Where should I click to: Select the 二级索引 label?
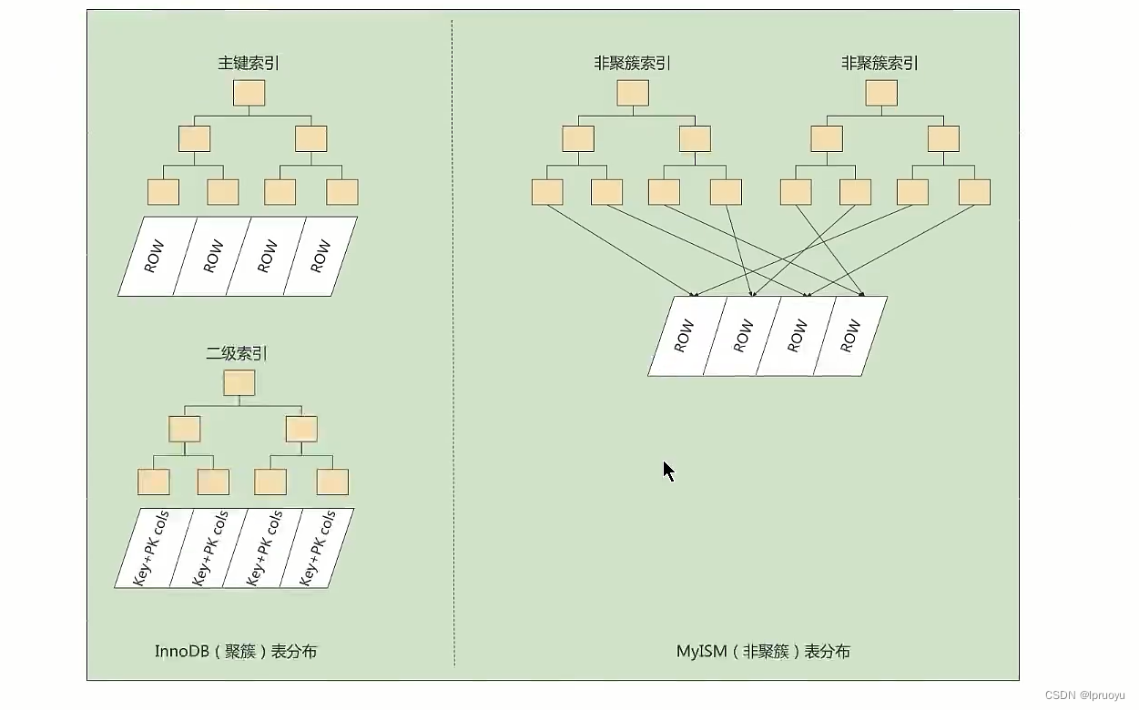[237, 354]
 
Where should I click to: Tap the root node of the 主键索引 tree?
[249, 93]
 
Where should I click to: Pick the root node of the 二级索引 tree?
[239, 383]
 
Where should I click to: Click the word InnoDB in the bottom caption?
[182, 652]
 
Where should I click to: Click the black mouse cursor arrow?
[668, 471]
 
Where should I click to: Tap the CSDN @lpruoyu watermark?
[1084, 695]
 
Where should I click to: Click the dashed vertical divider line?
[453, 364]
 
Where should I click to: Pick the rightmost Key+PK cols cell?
[316, 548]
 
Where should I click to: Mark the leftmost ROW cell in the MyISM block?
[685, 336]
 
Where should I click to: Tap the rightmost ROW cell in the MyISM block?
[850, 336]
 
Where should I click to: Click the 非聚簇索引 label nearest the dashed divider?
[632, 64]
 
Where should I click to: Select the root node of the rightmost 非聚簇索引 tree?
[881, 93]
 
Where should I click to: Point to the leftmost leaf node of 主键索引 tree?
[163, 192]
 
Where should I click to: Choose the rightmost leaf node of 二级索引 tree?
[332, 482]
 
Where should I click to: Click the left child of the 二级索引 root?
[184, 429]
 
